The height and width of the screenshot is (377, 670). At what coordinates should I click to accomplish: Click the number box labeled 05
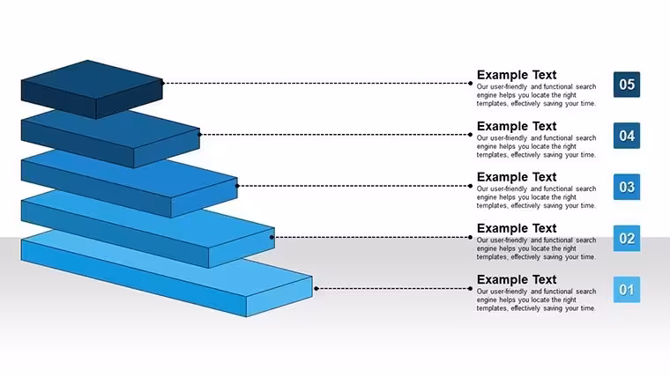pyautogui.click(x=627, y=85)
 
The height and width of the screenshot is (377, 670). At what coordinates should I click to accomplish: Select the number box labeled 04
pyautogui.click(x=627, y=136)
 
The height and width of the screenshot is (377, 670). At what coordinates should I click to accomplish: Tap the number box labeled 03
pyautogui.click(x=627, y=187)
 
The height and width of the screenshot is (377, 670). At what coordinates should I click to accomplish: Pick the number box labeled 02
pyautogui.click(x=627, y=238)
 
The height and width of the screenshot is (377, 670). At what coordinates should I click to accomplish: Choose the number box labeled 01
pyautogui.click(x=627, y=290)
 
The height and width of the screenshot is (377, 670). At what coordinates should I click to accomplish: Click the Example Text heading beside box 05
pyautogui.click(x=517, y=75)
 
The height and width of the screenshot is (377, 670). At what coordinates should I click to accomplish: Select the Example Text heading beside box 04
pyautogui.click(x=517, y=126)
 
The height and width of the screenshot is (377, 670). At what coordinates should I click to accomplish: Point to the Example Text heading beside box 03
pyautogui.click(x=517, y=177)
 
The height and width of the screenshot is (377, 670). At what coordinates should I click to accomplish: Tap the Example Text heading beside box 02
pyautogui.click(x=517, y=228)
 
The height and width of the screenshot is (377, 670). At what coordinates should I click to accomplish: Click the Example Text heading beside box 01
pyautogui.click(x=517, y=279)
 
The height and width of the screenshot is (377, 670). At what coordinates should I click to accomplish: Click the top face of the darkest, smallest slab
pyautogui.click(x=92, y=80)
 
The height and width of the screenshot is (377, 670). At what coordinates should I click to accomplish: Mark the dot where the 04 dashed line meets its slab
pyautogui.click(x=199, y=135)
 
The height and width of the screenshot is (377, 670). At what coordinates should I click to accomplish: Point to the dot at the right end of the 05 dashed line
pyautogui.click(x=470, y=84)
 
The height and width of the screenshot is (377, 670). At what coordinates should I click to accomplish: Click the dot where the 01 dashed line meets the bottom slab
pyautogui.click(x=316, y=289)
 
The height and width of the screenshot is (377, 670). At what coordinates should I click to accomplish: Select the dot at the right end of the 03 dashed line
pyautogui.click(x=470, y=186)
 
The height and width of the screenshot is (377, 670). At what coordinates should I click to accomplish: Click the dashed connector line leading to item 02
pyautogui.click(x=371, y=237)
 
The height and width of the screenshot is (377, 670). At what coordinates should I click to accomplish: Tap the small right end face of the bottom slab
pyautogui.click(x=279, y=297)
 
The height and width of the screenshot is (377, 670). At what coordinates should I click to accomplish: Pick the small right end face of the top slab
pyautogui.click(x=130, y=100)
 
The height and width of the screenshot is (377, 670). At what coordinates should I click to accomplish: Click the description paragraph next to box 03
pyautogui.click(x=536, y=197)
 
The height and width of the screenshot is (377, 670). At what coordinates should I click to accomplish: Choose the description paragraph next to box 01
pyautogui.click(x=536, y=299)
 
